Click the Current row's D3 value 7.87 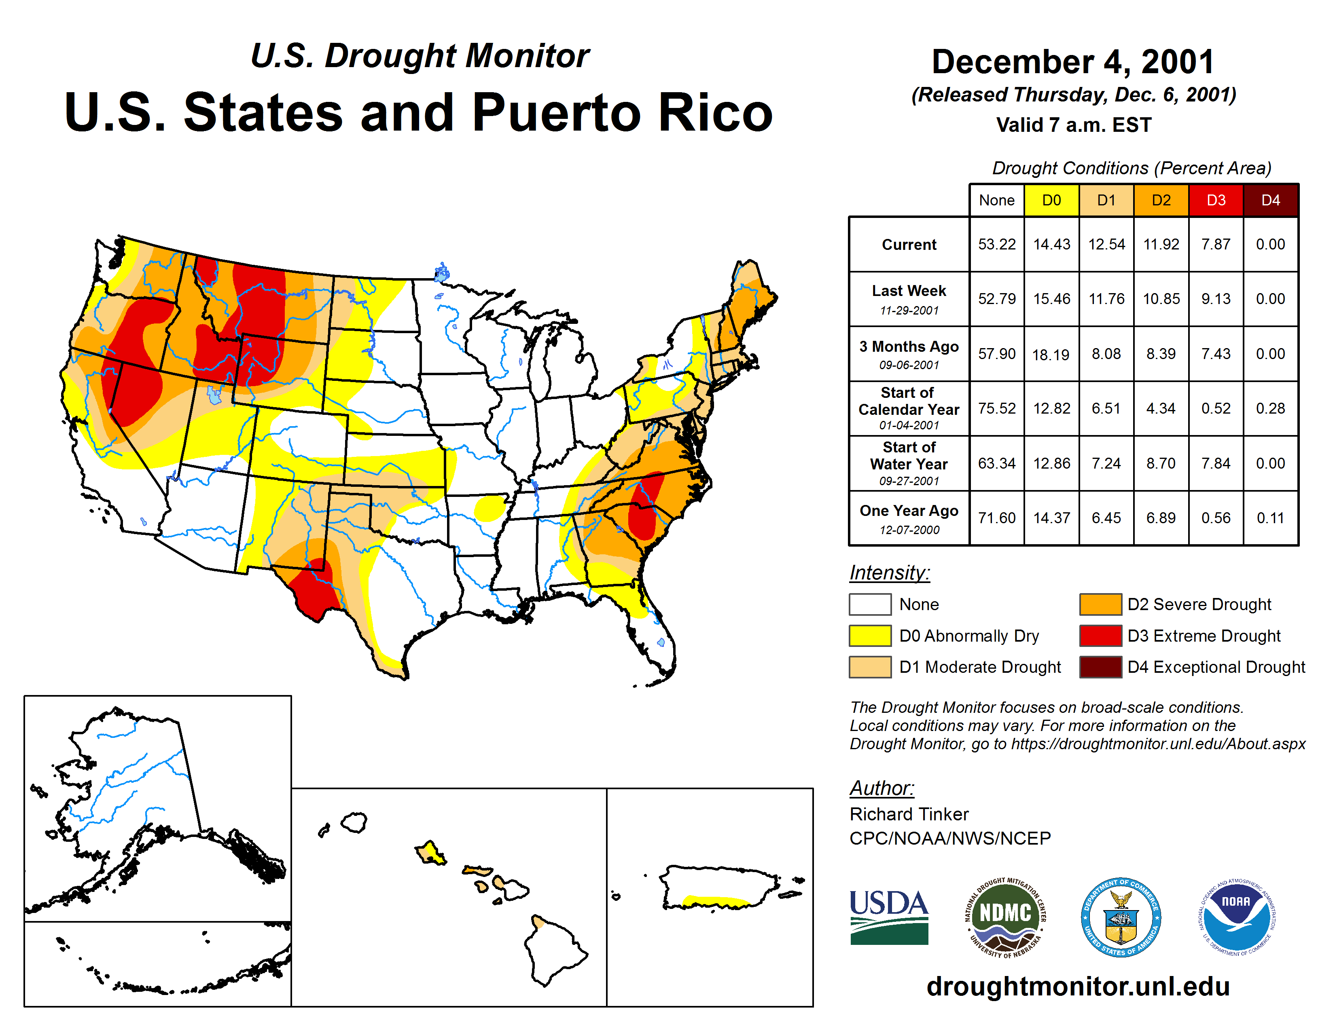pyautogui.click(x=1215, y=244)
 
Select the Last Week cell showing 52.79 pyautogui.click(x=996, y=299)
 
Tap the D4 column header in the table pyautogui.click(x=1270, y=200)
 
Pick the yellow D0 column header pyautogui.click(x=1051, y=200)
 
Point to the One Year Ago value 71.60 pyautogui.click(x=996, y=518)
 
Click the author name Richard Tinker pyautogui.click(x=909, y=814)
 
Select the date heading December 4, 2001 pyautogui.click(x=1073, y=62)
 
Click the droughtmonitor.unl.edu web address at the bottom pyautogui.click(x=1078, y=987)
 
